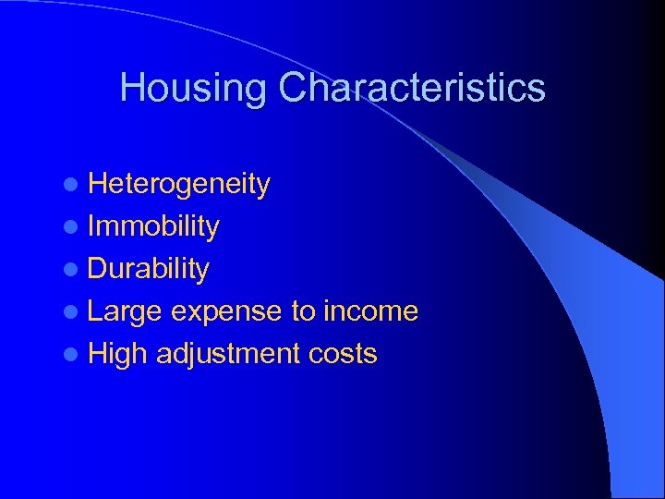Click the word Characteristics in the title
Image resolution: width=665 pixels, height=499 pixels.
(412, 89)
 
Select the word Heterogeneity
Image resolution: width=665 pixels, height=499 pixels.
(179, 184)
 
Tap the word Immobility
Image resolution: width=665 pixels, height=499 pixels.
(153, 226)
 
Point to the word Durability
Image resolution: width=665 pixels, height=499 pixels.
(149, 269)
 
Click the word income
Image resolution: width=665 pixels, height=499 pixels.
(370, 311)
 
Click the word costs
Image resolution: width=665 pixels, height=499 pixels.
(344, 354)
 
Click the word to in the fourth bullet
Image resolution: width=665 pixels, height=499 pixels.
(304, 311)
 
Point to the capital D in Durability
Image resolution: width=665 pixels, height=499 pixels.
(98, 269)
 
